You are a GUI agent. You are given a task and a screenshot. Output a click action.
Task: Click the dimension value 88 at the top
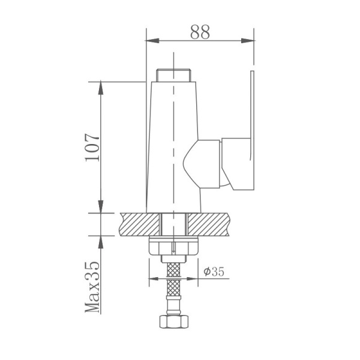(200, 32)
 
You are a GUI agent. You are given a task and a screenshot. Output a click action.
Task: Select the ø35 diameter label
(214, 271)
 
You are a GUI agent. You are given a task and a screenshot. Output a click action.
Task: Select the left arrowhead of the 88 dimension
(151, 41)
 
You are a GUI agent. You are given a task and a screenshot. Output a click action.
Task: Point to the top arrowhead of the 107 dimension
(100, 86)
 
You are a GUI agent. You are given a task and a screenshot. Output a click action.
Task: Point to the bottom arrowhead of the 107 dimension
(100, 206)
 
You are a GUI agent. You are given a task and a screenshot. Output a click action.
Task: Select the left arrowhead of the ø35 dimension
(154, 278)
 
